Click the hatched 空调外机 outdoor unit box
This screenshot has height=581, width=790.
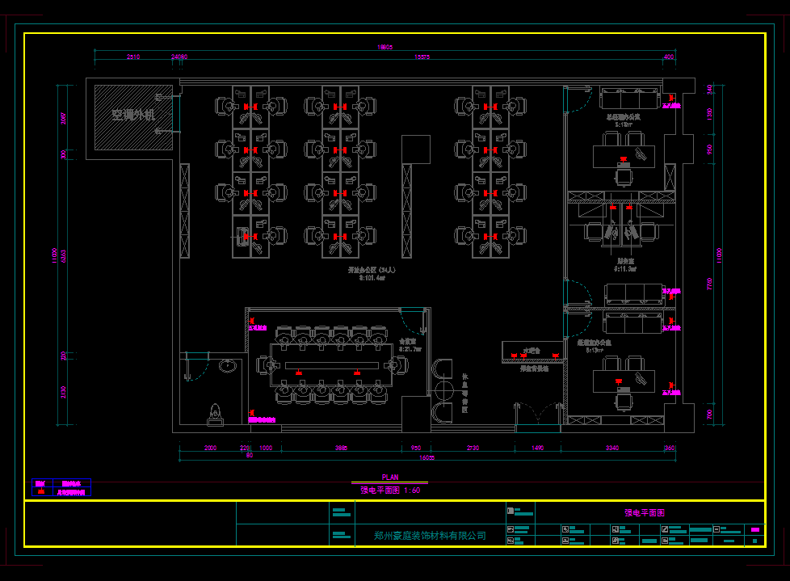coord(133,116)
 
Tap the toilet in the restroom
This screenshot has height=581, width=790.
coord(216,415)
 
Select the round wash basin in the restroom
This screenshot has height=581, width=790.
coord(229,366)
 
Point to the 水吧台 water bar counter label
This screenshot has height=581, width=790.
coord(530,351)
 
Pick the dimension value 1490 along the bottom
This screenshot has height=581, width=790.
coord(538,448)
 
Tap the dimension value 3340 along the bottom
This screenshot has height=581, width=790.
coord(611,448)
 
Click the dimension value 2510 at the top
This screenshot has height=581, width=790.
coord(133,57)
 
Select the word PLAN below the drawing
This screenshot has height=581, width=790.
coord(390,478)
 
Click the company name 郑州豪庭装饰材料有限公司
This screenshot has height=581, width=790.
coord(430,535)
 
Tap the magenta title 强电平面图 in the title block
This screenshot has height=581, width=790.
coord(645,512)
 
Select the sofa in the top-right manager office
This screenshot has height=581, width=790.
coord(629,99)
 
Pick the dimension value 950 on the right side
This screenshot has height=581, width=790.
coord(709,149)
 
